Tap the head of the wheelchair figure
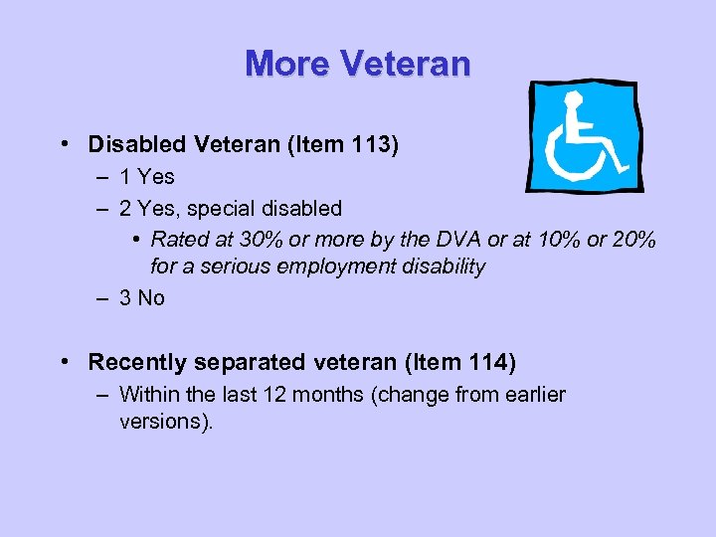tap(574, 100)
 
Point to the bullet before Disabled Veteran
tap(64, 145)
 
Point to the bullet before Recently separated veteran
tap(64, 363)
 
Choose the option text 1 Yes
tap(146, 177)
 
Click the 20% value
tap(630, 240)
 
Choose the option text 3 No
tap(142, 298)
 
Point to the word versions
tap(163, 421)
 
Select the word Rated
tap(180, 240)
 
